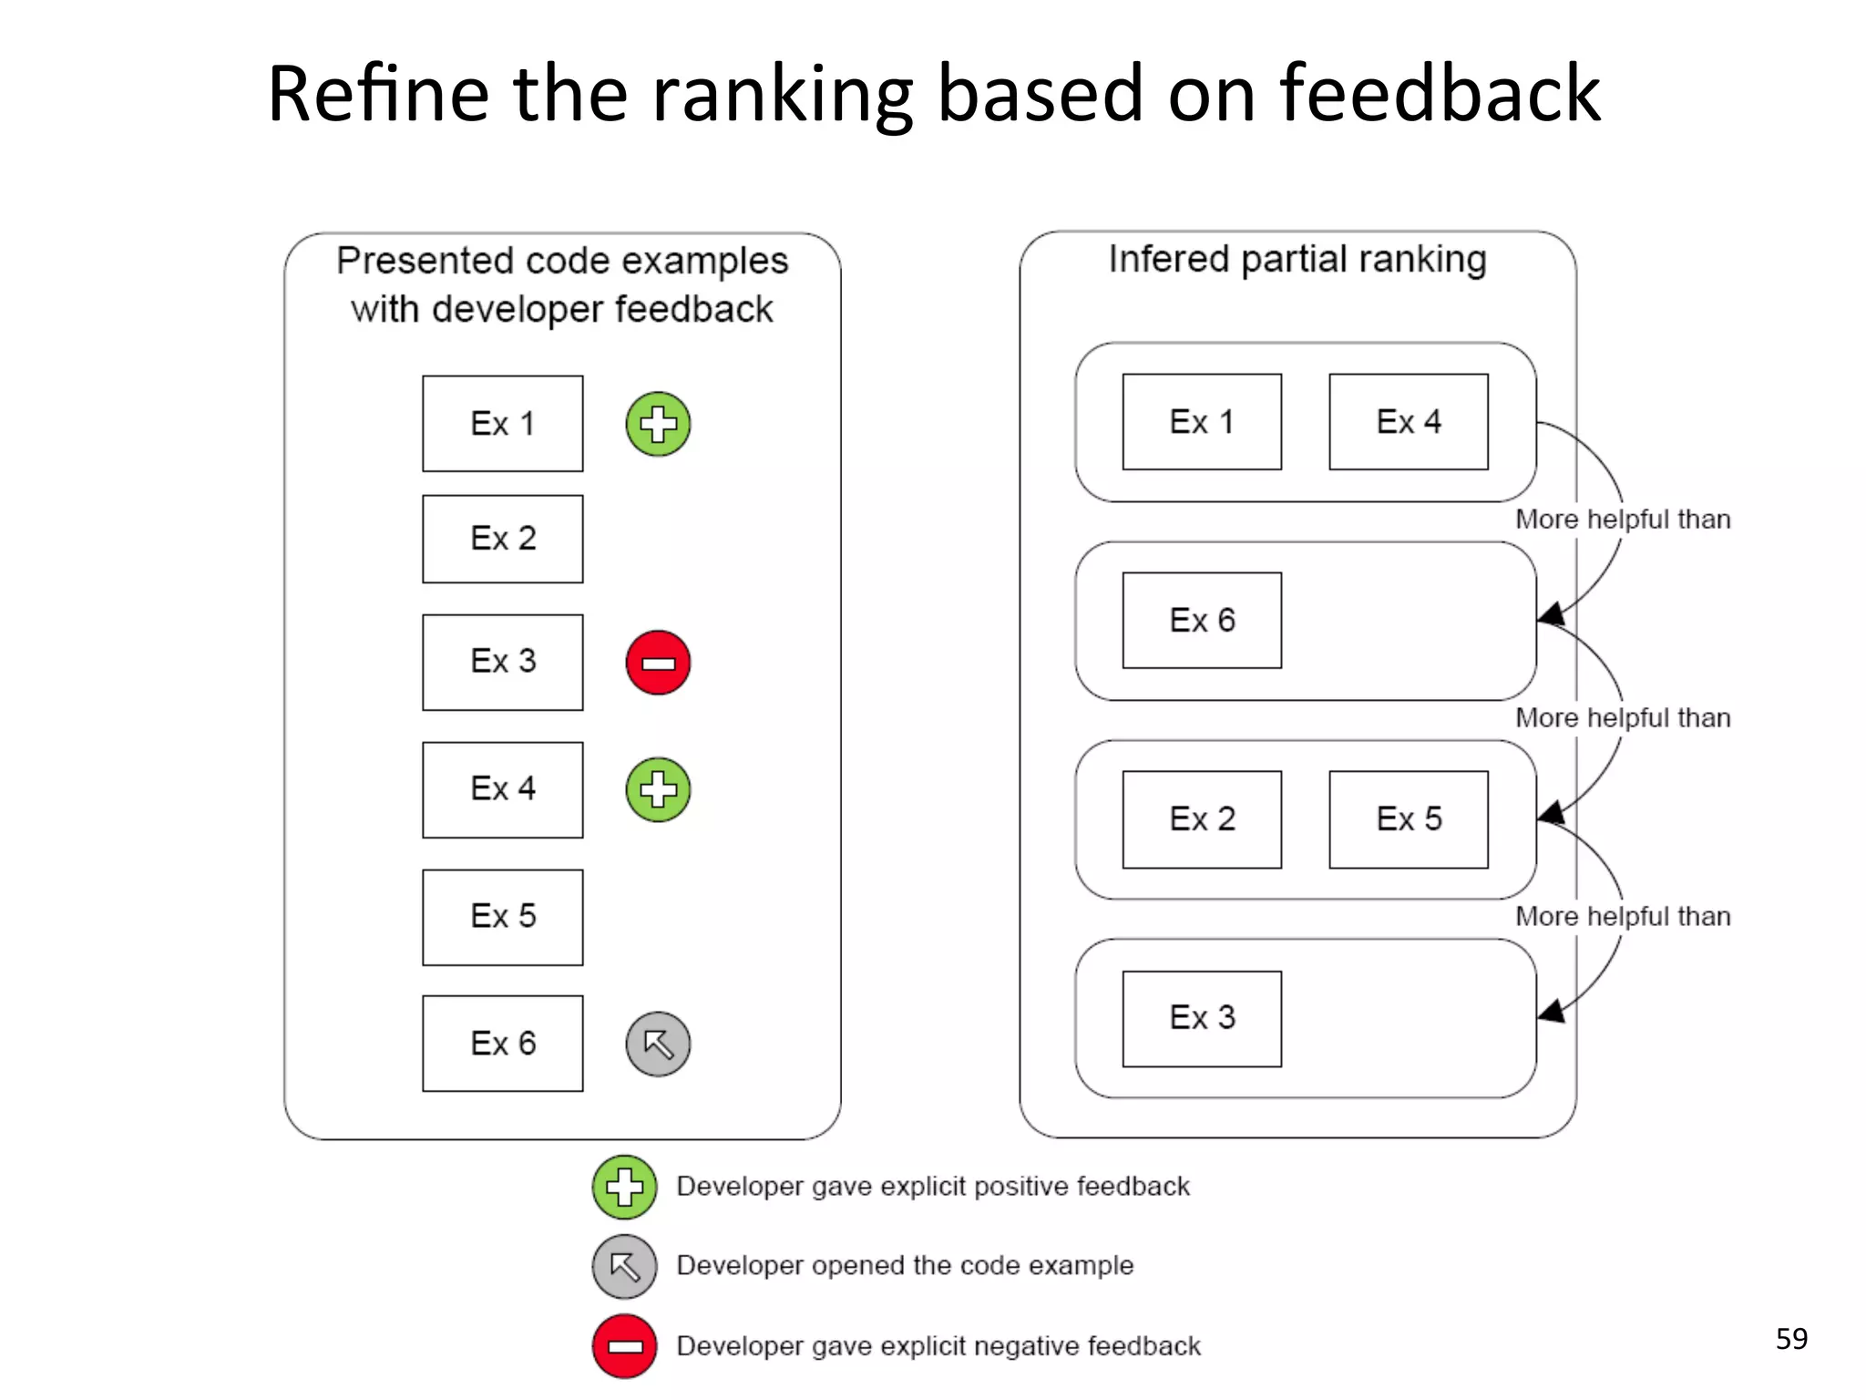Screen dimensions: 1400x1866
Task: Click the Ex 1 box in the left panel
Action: click(502, 424)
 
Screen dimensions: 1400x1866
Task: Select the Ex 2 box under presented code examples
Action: click(502, 539)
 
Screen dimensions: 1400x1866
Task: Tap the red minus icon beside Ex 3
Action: click(658, 663)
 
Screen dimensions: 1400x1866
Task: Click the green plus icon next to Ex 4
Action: click(658, 789)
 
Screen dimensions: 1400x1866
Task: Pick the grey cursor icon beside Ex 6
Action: click(658, 1044)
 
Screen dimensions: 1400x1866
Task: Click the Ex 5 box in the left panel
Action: click(502, 917)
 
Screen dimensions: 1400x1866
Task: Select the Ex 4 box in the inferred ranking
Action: click(1408, 422)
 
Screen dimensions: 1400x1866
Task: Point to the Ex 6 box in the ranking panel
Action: click(1202, 621)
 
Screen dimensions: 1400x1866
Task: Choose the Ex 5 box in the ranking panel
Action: click(1408, 819)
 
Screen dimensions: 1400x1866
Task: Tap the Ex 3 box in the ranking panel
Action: click(1202, 1018)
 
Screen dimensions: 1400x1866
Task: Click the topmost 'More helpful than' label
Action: click(1622, 520)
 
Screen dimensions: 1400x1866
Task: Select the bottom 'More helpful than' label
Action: click(1622, 917)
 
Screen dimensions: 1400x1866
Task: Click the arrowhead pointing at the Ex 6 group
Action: click(1551, 613)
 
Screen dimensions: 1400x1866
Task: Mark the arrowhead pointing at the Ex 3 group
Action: click(1551, 1011)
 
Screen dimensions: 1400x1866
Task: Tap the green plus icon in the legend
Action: click(624, 1187)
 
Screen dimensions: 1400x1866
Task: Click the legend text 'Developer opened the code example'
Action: click(905, 1266)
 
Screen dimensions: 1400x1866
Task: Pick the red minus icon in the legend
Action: click(624, 1346)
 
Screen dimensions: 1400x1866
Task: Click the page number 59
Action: click(1790, 1339)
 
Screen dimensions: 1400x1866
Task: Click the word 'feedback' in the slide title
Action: click(1439, 94)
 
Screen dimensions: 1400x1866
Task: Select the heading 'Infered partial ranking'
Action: click(1297, 260)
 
